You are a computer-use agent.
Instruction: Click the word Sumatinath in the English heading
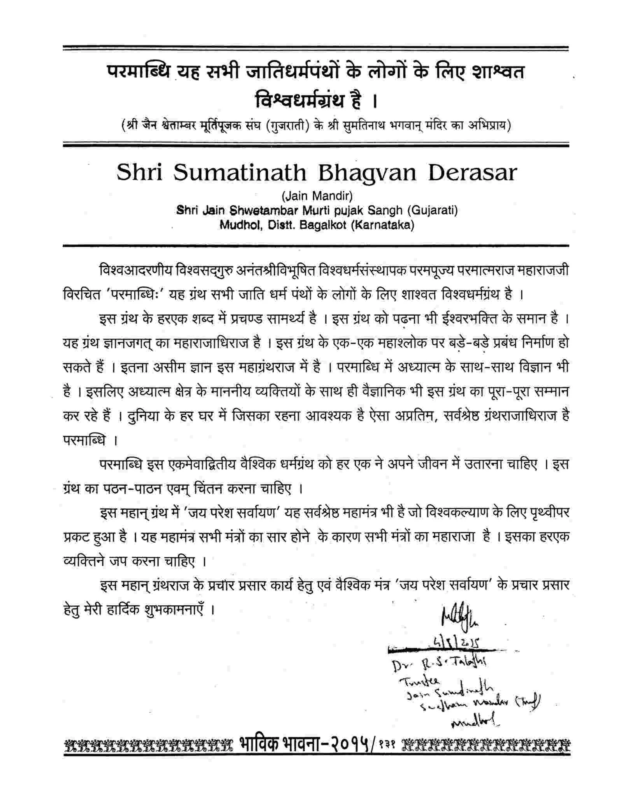(x=240, y=173)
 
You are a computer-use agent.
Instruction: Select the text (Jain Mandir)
(x=317, y=195)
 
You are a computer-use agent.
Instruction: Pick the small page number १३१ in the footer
(x=387, y=745)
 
